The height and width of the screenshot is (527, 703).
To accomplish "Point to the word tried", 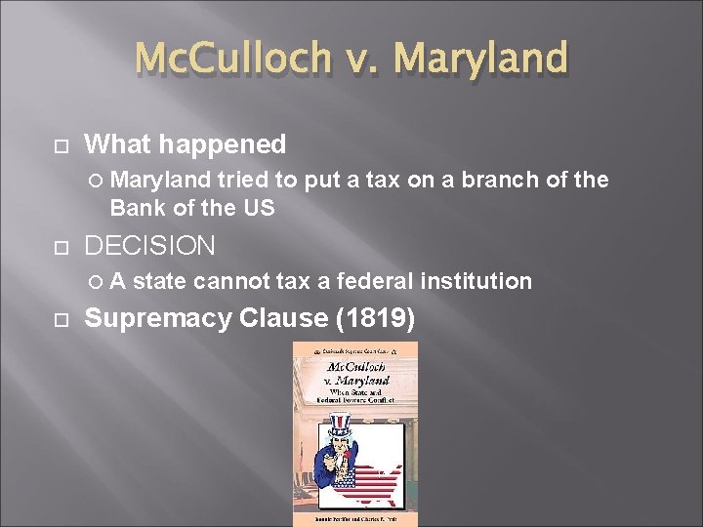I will coord(244,181).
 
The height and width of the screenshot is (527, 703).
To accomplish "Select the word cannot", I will coord(231,282).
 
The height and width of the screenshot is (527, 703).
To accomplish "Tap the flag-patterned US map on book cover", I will coord(369,482).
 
